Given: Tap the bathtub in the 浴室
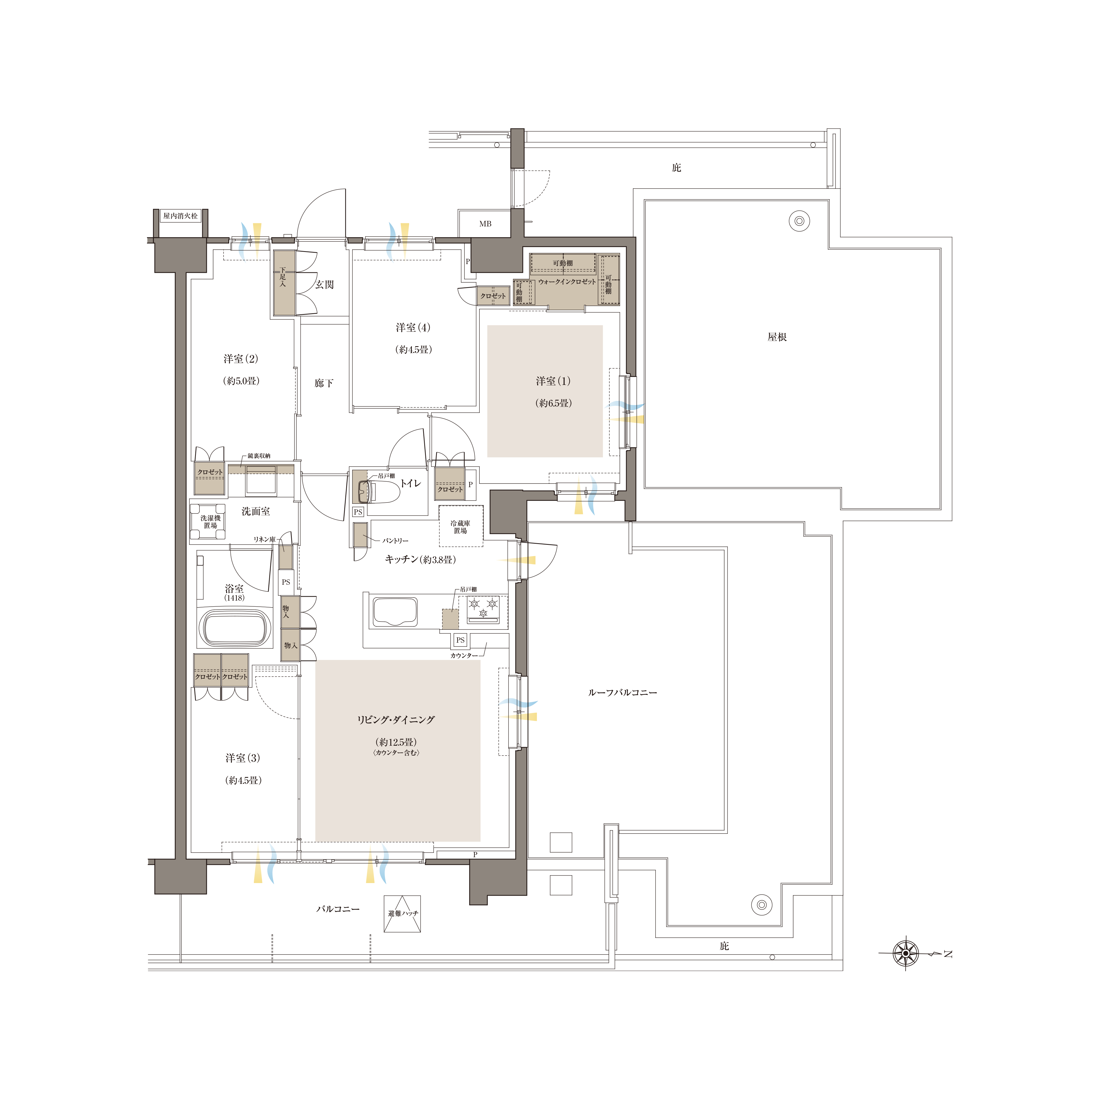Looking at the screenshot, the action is point(234,628).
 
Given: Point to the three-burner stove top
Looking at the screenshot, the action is point(483,609).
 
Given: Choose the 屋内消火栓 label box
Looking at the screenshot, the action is point(180,216).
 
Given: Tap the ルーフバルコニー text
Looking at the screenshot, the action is point(622,693).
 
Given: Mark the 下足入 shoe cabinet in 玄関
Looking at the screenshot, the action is point(284,283).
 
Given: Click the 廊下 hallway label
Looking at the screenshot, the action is point(324,383).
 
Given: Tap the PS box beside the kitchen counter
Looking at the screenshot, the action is point(460,640).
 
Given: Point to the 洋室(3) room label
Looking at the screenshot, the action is point(243,758).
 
